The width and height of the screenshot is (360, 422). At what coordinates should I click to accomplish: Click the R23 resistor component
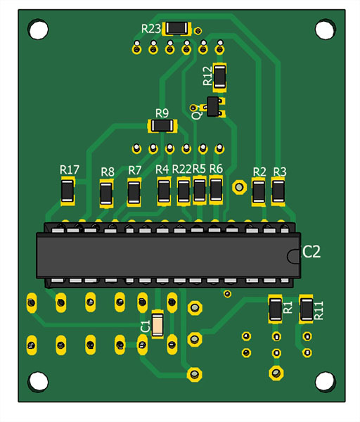(176, 28)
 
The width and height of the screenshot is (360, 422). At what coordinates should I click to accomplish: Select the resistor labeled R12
(219, 77)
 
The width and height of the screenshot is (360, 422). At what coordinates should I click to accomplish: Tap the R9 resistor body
(162, 126)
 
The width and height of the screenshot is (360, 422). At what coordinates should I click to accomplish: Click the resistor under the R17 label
(67, 191)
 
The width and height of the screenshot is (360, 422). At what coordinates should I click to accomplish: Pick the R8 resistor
(106, 193)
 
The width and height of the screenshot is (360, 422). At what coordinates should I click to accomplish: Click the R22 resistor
(184, 191)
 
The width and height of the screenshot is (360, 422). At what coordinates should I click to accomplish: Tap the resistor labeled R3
(278, 191)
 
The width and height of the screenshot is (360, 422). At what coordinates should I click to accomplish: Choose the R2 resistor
(259, 191)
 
